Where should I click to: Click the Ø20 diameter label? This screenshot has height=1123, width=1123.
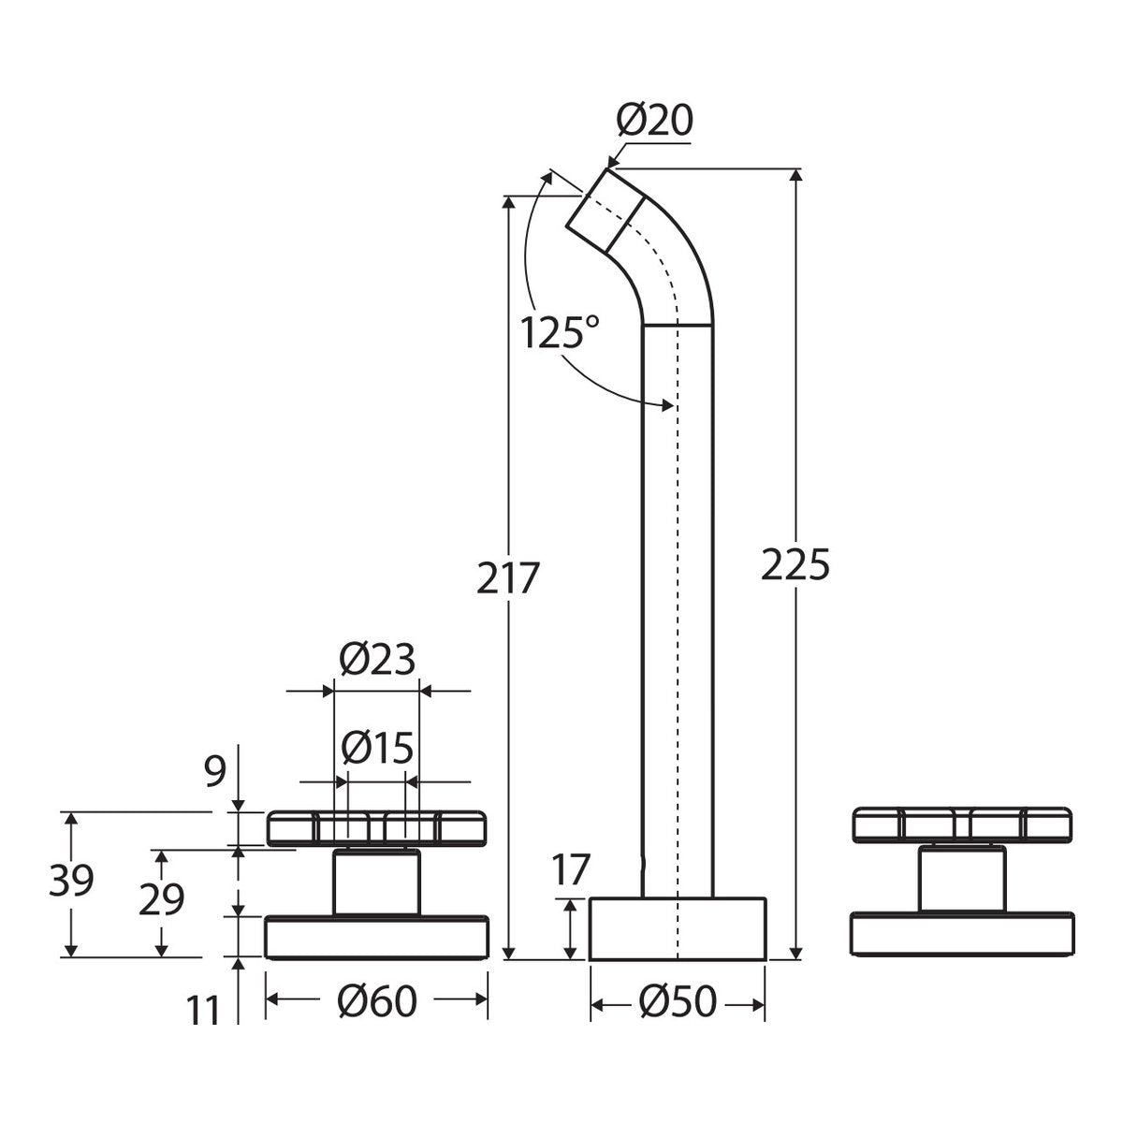pyautogui.click(x=654, y=122)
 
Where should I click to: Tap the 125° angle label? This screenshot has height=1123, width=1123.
pyautogui.click(x=559, y=333)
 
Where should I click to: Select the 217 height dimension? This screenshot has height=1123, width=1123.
pyautogui.click(x=506, y=578)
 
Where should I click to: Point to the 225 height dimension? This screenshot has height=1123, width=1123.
pyautogui.click(x=795, y=564)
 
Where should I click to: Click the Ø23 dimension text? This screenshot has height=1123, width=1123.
pyautogui.click(x=377, y=659)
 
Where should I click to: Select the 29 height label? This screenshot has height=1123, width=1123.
pyautogui.click(x=161, y=899)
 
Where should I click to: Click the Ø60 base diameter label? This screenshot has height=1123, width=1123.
pyautogui.click(x=377, y=1001)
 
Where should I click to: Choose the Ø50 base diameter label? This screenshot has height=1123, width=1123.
pyautogui.click(x=678, y=1001)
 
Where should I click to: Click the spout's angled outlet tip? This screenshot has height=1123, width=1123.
pyautogui.click(x=605, y=211)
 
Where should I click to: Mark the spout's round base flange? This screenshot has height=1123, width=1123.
pyautogui.click(x=678, y=929)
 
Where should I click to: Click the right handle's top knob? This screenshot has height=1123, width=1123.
pyautogui.click(x=962, y=824)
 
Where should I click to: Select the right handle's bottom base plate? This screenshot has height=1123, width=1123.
pyautogui.click(x=962, y=934)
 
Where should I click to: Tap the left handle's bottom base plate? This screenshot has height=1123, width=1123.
pyautogui.click(x=376, y=937)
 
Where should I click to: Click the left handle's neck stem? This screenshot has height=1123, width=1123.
pyautogui.click(x=376, y=882)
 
